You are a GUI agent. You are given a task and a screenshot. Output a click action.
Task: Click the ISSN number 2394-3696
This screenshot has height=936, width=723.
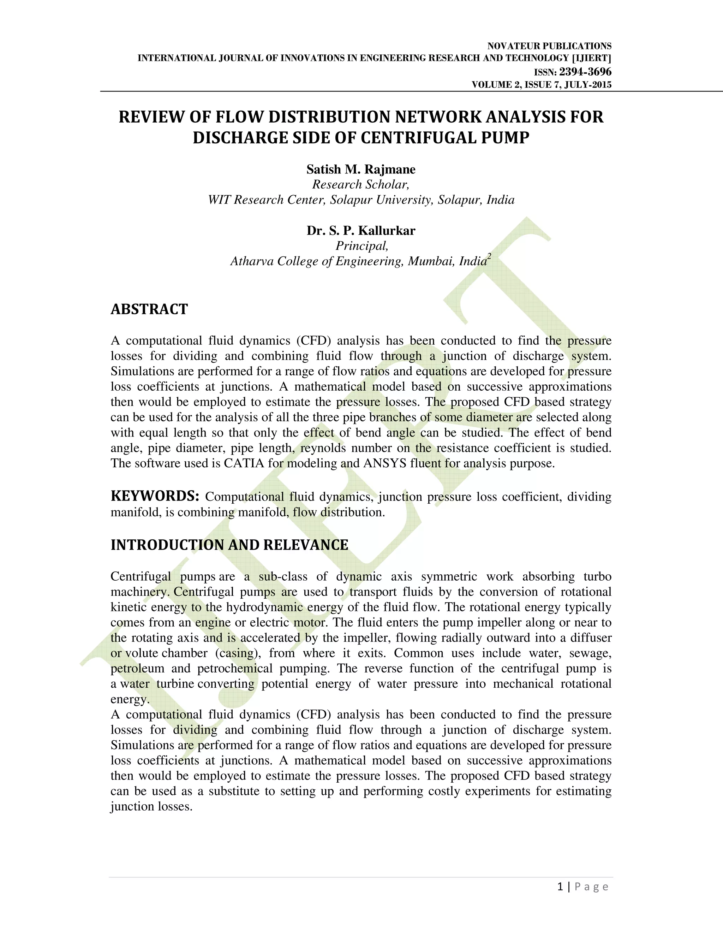[x=585, y=72]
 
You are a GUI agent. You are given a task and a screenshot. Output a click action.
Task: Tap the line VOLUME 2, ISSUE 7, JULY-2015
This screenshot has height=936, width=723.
[x=542, y=85]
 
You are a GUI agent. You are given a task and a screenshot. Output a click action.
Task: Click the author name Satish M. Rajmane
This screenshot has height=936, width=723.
[x=361, y=169]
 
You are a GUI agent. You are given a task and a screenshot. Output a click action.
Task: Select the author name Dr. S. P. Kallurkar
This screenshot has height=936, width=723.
[x=361, y=231]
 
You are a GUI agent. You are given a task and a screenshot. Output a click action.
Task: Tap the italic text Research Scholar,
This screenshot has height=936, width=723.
[x=361, y=185]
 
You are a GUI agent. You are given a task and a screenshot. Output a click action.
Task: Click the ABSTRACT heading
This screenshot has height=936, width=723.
[x=149, y=309]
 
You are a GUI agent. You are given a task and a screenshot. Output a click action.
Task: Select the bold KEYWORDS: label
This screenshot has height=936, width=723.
[x=155, y=496]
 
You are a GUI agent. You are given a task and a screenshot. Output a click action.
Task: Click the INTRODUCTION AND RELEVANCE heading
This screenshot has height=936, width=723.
[x=229, y=545]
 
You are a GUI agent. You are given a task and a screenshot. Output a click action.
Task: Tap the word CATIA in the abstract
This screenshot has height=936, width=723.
[x=245, y=464]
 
